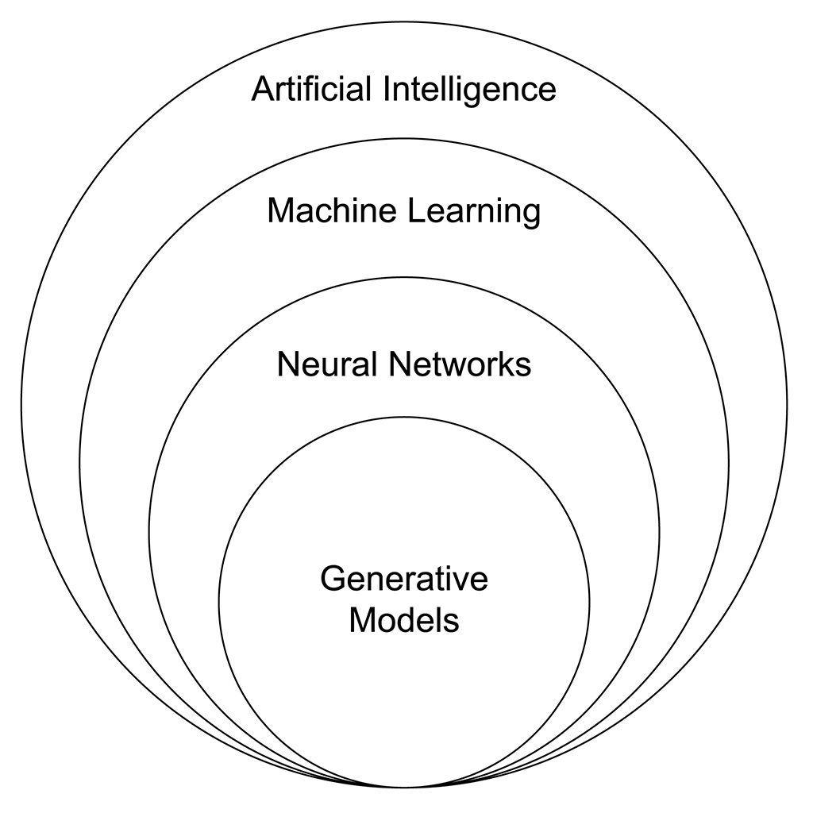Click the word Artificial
pyautogui.click(x=311, y=89)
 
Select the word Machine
pyautogui.click(x=333, y=210)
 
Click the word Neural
pyautogui.click(x=327, y=364)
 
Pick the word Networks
pyautogui.click(x=460, y=364)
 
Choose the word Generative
pyautogui.click(x=404, y=578)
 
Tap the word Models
pyautogui.click(x=404, y=619)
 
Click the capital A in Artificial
pyautogui.click(x=263, y=89)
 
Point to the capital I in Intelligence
pyautogui.click(x=387, y=89)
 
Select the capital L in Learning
pyautogui.click(x=418, y=210)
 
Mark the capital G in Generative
pyautogui.click(x=333, y=578)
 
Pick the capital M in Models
pyautogui.click(x=362, y=619)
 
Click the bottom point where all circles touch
pyautogui.click(x=404, y=787)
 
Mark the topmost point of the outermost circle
pyautogui.click(x=404, y=22)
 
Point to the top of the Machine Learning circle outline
pyautogui.click(x=404, y=138)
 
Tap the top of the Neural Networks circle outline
pyautogui.click(x=404, y=277)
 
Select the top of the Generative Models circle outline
pyautogui.click(x=404, y=417)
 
